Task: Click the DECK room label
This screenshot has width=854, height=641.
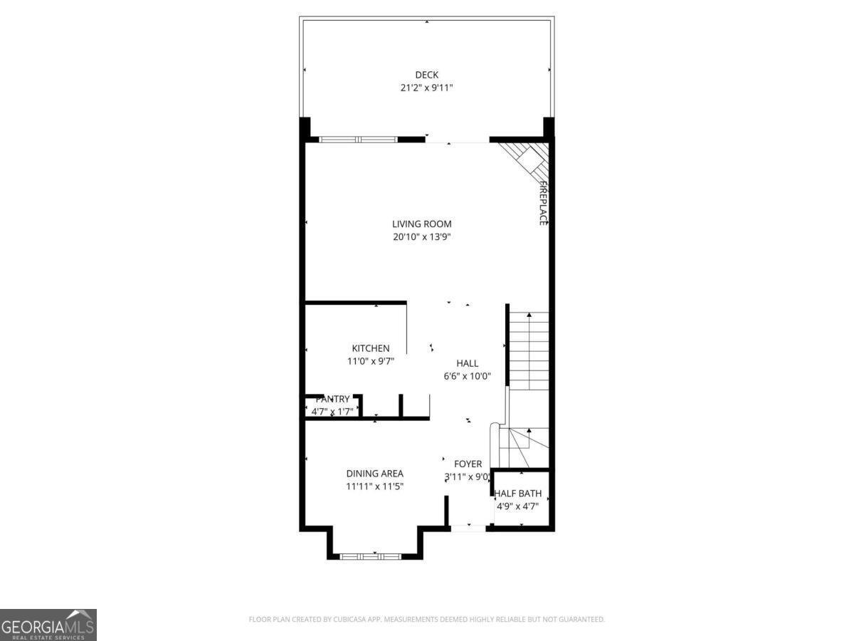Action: (x=427, y=75)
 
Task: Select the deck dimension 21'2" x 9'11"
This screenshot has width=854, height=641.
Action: (x=427, y=88)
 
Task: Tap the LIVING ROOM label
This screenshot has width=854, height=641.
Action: (x=422, y=224)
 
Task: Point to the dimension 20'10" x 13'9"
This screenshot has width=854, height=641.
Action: (x=422, y=237)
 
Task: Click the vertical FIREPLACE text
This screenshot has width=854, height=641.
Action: (x=542, y=204)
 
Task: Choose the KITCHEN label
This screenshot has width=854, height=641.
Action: (x=371, y=348)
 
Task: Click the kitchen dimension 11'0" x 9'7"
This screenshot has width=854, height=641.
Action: (x=371, y=361)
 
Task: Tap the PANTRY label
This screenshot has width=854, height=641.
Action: (x=332, y=400)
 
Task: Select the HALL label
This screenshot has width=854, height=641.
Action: (x=468, y=363)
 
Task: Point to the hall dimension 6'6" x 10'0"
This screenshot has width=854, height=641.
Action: (x=468, y=376)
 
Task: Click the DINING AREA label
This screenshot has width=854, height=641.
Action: (x=375, y=474)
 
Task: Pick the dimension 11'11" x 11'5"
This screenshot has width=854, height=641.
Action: (x=375, y=486)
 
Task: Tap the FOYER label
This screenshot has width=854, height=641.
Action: (x=468, y=464)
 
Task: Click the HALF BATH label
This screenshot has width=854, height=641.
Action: (x=518, y=494)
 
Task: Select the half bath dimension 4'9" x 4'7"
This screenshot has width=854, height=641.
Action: (x=518, y=506)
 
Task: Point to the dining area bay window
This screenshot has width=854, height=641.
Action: (x=370, y=556)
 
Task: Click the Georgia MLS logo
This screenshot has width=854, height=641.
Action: (x=48, y=625)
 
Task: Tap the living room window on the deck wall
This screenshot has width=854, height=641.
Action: (x=357, y=140)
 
